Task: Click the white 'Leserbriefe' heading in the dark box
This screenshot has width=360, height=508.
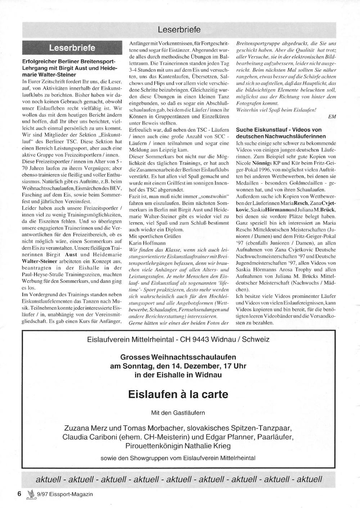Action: coord(72,48)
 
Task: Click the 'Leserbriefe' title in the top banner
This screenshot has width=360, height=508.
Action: coord(179,30)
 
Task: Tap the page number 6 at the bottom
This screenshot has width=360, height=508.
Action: coord(20,494)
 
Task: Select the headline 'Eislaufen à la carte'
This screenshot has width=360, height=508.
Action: coord(178,394)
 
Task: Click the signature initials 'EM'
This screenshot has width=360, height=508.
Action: coord(332,116)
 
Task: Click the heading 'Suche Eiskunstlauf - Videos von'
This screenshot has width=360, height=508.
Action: coord(279,130)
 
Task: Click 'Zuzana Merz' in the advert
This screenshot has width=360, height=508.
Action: coord(85,428)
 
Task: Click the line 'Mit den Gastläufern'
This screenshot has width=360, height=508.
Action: coord(178,413)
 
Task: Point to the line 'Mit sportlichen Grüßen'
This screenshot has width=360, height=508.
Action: coord(155,236)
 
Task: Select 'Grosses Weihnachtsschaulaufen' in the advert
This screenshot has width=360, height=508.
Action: coord(178,357)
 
